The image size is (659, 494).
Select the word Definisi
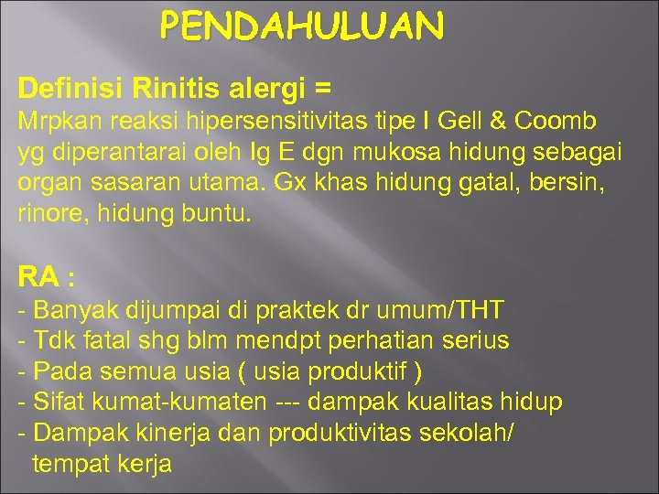[70, 89]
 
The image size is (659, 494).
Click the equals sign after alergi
[321, 89]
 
